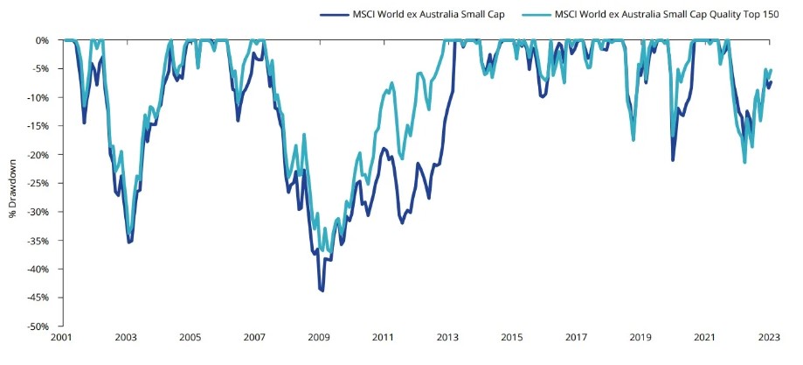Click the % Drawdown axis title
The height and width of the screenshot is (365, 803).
14,183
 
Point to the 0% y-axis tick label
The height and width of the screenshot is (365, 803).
41,40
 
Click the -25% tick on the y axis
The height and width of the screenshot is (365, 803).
38,183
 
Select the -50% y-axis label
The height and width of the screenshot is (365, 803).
38,326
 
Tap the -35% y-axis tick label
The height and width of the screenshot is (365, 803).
38,240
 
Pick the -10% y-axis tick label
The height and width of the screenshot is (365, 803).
38,97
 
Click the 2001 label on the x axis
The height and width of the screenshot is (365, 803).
61,337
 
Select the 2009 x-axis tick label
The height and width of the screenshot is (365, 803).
319,337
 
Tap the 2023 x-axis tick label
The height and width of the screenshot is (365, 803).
770,337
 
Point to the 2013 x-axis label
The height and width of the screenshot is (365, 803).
448,337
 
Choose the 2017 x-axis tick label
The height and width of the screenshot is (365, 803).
577,337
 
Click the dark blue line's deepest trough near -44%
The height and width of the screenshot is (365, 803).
322,290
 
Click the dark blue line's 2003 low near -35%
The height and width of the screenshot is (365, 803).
129,242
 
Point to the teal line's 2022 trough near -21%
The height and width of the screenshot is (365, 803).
744,162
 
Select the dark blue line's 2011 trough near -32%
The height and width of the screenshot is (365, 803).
402,222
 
